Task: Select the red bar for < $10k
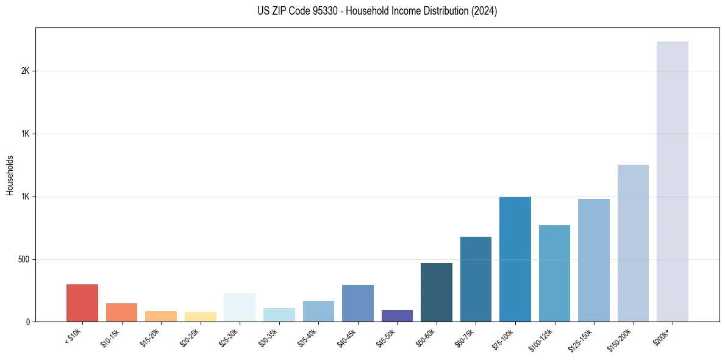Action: point(82,303)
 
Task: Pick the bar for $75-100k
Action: point(515,259)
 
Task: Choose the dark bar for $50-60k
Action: point(436,292)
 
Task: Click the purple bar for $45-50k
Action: point(397,315)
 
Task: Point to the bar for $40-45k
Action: point(357,303)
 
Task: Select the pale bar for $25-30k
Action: point(240,307)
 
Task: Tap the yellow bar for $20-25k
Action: point(200,317)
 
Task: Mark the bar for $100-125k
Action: point(554,273)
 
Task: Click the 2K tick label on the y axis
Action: point(26,71)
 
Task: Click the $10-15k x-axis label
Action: point(110,337)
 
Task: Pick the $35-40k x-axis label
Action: point(307,337)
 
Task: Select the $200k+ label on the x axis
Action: point(663,335)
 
